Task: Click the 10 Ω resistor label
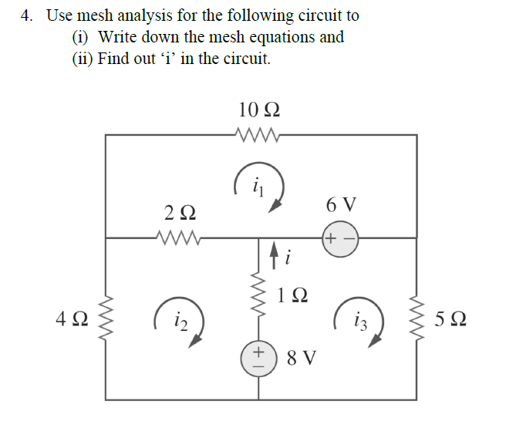click(x=259, y=110)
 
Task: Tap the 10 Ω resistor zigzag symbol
click(x=259, y=135)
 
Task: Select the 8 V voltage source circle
click(x=258, y=359)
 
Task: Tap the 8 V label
click(x=300, y=359)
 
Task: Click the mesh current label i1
click(x=258, y=185)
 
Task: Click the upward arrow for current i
click(x=272, y=252)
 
